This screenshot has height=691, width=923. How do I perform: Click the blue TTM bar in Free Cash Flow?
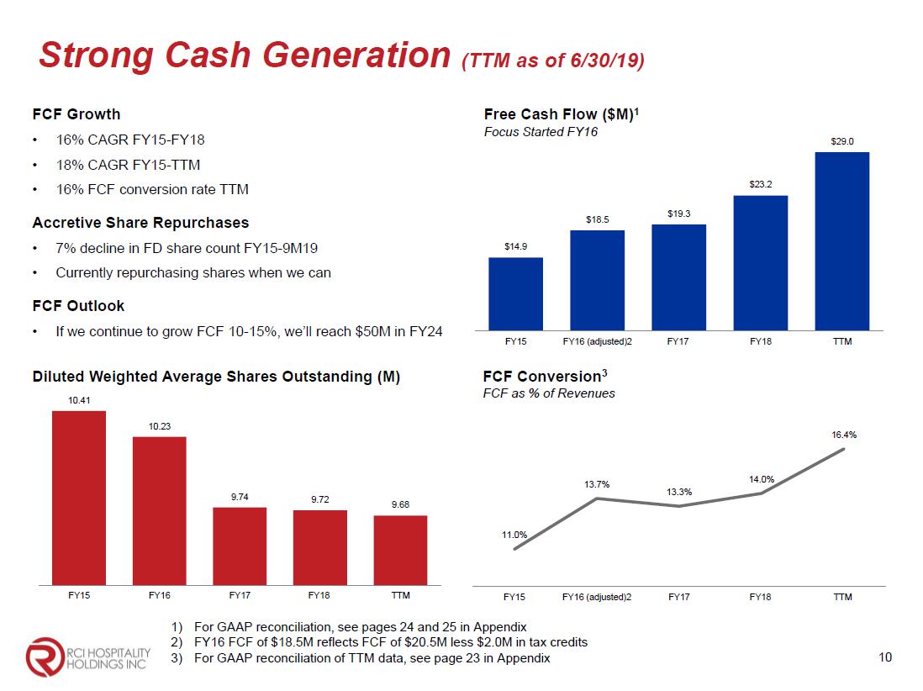841,240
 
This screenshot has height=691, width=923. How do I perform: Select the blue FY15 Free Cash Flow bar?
515,293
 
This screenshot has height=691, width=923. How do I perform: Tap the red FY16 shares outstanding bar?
160,509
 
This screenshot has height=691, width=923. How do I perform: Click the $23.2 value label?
761,182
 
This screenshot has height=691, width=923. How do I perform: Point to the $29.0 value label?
842,141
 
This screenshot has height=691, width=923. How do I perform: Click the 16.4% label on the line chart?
844,435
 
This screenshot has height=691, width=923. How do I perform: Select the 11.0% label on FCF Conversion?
514,535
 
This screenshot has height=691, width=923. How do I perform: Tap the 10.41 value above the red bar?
78,400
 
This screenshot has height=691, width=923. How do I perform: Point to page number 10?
884,657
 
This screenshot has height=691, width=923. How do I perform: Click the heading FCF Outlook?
78,306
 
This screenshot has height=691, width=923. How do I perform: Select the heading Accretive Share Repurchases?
140,223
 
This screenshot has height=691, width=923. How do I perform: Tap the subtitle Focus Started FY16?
541,133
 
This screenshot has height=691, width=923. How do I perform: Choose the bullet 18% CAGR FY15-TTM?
128,165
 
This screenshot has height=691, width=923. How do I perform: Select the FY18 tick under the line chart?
760,597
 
